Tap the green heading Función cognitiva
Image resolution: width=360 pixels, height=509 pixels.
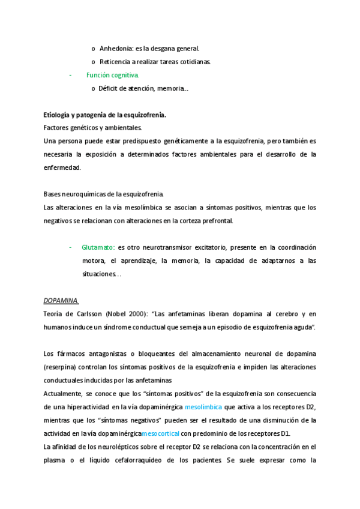[x=113, y=75]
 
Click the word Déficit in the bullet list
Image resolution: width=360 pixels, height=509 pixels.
[x=110, y=89]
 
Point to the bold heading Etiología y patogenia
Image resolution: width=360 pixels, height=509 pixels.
[x=105, y=115]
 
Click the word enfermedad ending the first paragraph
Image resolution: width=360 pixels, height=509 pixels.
[x=62, y=167]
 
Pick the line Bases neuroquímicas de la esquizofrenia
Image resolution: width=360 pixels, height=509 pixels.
[x=103, y=194]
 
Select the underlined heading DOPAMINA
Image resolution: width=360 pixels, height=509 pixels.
[x=61, y=300]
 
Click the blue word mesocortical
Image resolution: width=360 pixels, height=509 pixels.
[x=160, y=433]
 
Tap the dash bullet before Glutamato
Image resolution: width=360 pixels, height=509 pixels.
[x=70, y=247]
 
